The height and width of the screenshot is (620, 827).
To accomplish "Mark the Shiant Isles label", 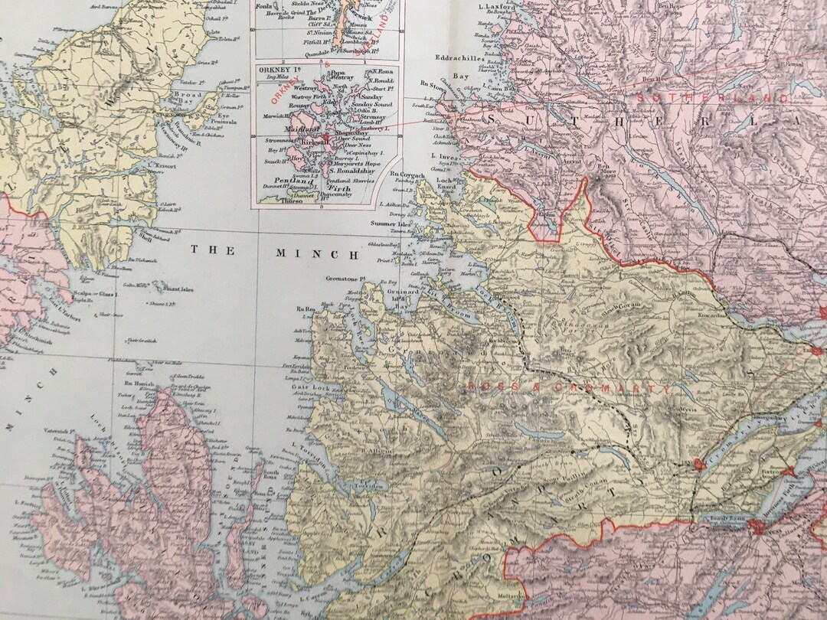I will [175, 289].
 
